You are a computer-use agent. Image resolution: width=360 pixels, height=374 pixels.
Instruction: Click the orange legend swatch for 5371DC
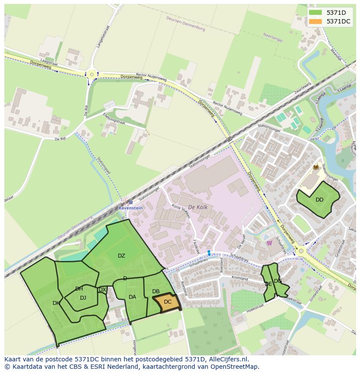(316, 21)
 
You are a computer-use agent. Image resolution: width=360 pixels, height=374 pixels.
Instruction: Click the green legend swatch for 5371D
(316, 13)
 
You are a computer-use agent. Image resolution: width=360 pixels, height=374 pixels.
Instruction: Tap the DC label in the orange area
(167, 302)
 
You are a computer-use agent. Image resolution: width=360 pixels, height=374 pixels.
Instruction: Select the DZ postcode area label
(121, 256)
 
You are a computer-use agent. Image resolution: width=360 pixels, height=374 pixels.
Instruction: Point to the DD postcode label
(320, 200)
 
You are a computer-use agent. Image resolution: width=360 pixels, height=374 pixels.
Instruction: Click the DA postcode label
(133, 297)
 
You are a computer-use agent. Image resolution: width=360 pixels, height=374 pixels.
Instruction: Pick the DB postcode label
(156, 291)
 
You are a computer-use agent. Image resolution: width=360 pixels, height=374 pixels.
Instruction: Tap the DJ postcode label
(83, 298)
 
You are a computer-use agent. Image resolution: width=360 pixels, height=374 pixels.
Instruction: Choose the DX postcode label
(102, 290)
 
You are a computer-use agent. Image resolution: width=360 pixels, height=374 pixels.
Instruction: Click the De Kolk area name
(197, 208)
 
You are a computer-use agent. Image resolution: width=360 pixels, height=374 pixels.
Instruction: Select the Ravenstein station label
(130, 208)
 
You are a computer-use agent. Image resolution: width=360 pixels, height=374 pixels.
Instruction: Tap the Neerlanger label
(273, 38)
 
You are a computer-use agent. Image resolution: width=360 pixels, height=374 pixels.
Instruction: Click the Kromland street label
(240, 278)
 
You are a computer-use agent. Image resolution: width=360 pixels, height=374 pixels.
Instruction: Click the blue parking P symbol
(266, 237)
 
